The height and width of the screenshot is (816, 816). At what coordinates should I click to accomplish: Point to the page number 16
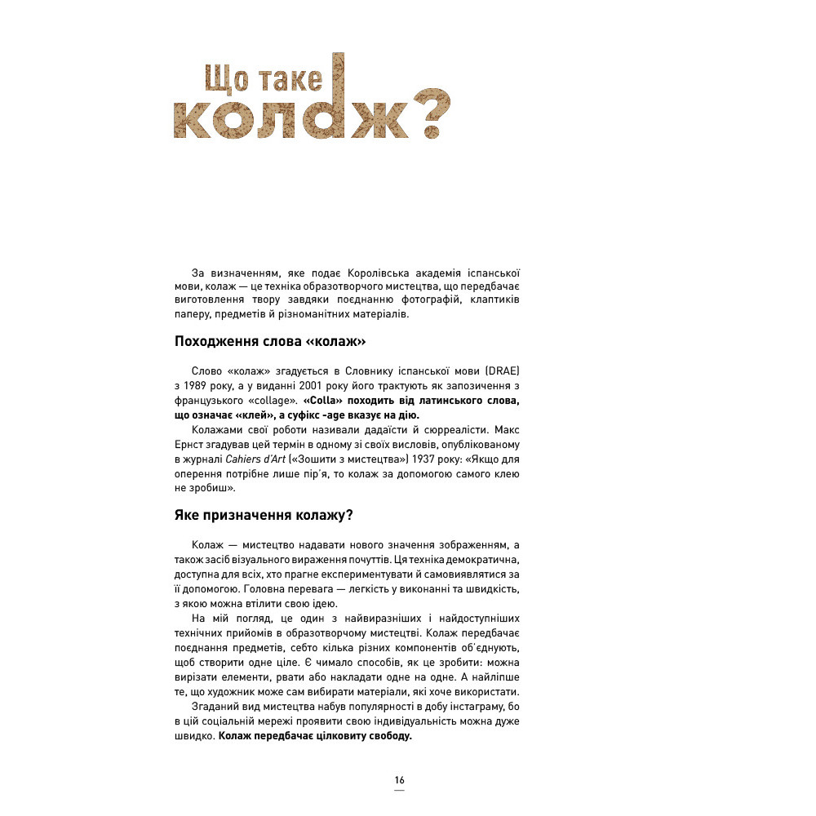399,780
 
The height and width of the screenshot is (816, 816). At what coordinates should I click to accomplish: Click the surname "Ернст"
190,445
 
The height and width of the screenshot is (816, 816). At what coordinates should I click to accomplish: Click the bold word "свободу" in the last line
390,736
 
